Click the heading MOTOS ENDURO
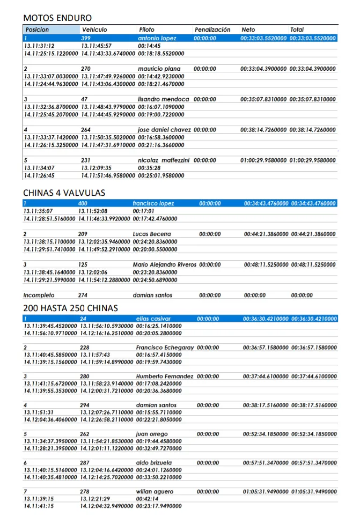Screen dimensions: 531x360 (x=57, y=18)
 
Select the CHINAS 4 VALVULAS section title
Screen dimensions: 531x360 (x=64, y=193)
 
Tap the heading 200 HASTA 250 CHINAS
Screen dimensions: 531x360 (x=70, y=308)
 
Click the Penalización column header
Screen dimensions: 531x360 (x=212, y=30)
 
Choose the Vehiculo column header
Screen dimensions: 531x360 (x=94, y=30)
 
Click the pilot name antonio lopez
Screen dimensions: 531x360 (x=157, y=39)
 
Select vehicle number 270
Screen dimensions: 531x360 (x=86, y=69)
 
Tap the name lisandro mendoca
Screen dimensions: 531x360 (x=163, y=100)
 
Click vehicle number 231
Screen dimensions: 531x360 (x=86, y=160)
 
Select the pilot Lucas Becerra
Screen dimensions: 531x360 (x=152, y=234)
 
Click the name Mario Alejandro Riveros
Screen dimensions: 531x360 (x=164, y=265)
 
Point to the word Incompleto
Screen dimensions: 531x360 (x=39, y=296)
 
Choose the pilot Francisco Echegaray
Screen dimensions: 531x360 (x=165, y=348)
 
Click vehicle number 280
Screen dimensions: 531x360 (x=85, y=377)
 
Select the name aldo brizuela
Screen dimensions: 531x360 (x=154, y=462)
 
